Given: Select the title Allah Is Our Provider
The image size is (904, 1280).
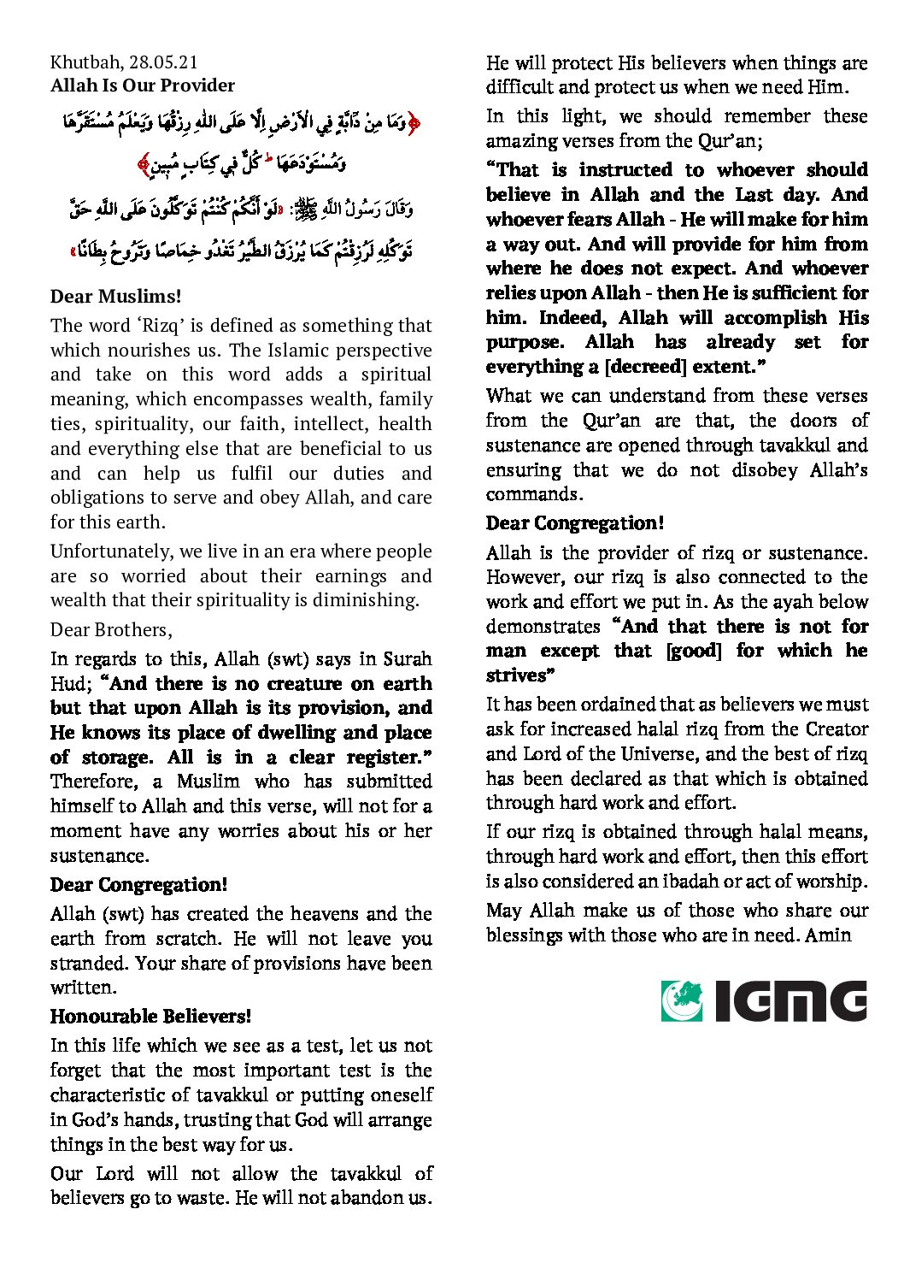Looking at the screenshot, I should (x=142, y=86).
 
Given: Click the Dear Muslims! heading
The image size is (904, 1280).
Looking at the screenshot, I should (x=115, y=297).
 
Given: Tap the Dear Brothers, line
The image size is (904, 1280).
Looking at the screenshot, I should (x=111, y=630).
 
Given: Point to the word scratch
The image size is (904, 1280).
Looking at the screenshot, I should (x=193, y=939).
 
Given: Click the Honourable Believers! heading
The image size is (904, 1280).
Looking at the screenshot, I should (x=150, y=1017).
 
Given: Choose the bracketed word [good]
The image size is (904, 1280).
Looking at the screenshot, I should (x=693, y=651).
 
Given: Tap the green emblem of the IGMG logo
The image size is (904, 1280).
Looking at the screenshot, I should (x=683, y=1000).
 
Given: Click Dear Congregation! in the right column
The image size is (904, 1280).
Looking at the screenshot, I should (x=574, y=523).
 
